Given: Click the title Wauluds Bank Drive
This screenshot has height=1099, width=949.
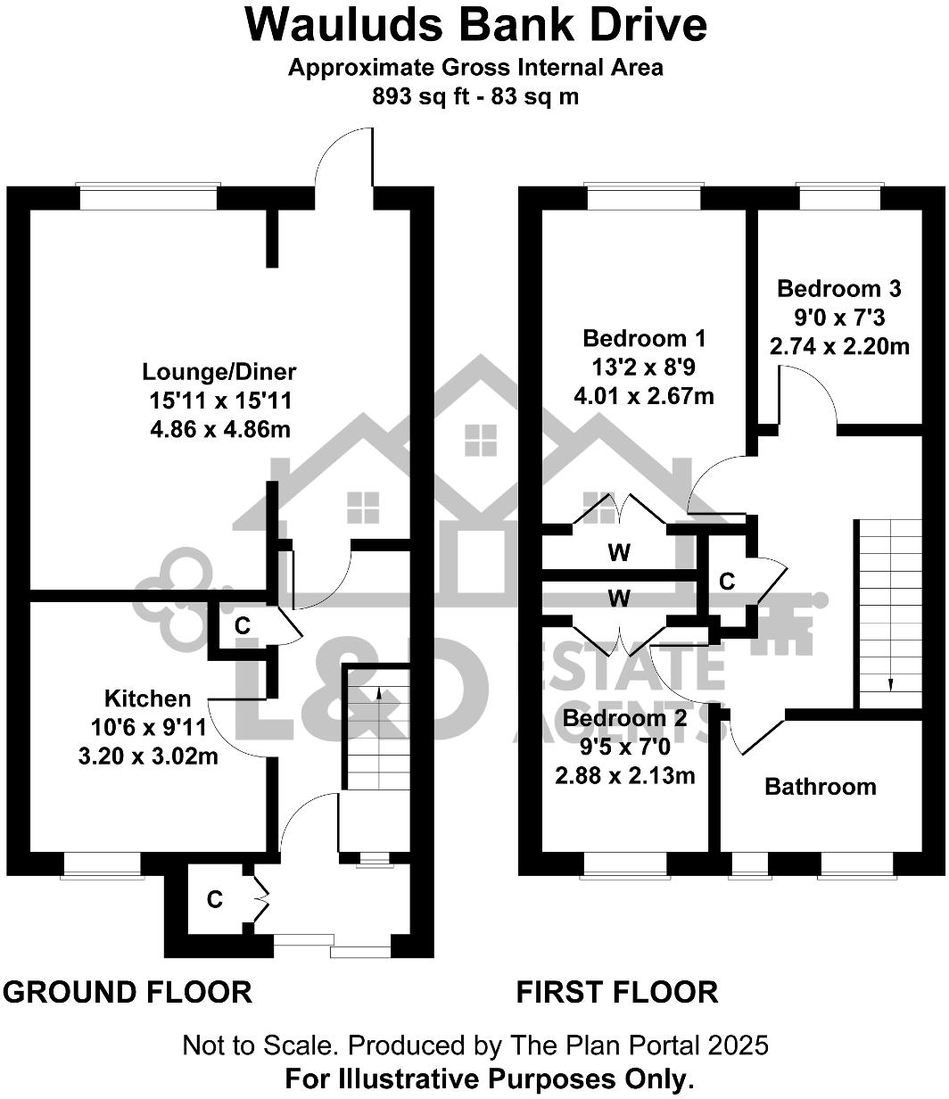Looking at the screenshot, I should click(475, 25).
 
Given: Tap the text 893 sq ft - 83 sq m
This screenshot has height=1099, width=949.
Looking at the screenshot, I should click(475, 96).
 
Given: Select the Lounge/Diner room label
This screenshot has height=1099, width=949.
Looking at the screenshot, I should click(219, 371).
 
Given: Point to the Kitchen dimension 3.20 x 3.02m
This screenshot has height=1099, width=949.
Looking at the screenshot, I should click(149, 757).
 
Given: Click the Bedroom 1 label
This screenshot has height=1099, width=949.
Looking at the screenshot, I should click(644, 339).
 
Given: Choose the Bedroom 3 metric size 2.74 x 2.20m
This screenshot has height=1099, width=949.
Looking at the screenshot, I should click(839, 345).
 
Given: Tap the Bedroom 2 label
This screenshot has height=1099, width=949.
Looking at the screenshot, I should click(624, 719).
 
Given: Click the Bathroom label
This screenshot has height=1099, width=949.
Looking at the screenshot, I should click(820, 787).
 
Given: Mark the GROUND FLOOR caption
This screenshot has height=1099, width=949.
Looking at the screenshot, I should click(128, 992).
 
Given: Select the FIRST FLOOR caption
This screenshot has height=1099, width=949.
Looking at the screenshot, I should click(617, 992).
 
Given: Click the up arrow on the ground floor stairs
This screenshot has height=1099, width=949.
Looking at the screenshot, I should click(378, 695).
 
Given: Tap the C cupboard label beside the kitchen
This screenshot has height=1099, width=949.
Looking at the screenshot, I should click(242, 626).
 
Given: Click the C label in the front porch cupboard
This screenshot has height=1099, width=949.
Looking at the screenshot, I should click(214, 900).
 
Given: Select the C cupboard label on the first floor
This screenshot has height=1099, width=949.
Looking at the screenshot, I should click(727, 582).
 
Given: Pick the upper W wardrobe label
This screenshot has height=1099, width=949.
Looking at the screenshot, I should click(619, 553).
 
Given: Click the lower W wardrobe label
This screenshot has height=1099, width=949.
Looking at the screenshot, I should click(619, 598).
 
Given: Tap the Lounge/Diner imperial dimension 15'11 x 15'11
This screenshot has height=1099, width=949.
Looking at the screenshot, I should click(219, 401).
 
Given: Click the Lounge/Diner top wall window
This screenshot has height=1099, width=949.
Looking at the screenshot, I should click(147, 196).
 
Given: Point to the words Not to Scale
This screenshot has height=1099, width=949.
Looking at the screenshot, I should click(260, 1045).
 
